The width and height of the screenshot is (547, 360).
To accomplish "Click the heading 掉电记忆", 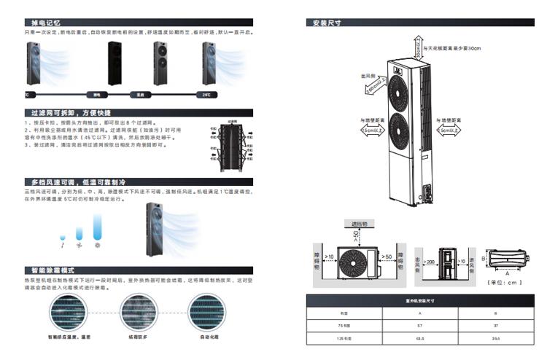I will [x=39, y=23].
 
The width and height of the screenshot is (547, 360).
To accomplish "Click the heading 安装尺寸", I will [x=324, y=23].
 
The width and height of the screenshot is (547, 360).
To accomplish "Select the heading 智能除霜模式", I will [x=50, y=270].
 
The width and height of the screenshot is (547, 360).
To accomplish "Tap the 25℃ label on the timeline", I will [x=207, y=94].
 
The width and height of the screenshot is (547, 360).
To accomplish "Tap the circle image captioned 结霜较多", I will [x=141, y=314].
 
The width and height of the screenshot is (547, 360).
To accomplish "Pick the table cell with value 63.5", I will [x=420, y=338].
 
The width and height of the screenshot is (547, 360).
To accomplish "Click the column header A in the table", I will [x=420, y=313].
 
